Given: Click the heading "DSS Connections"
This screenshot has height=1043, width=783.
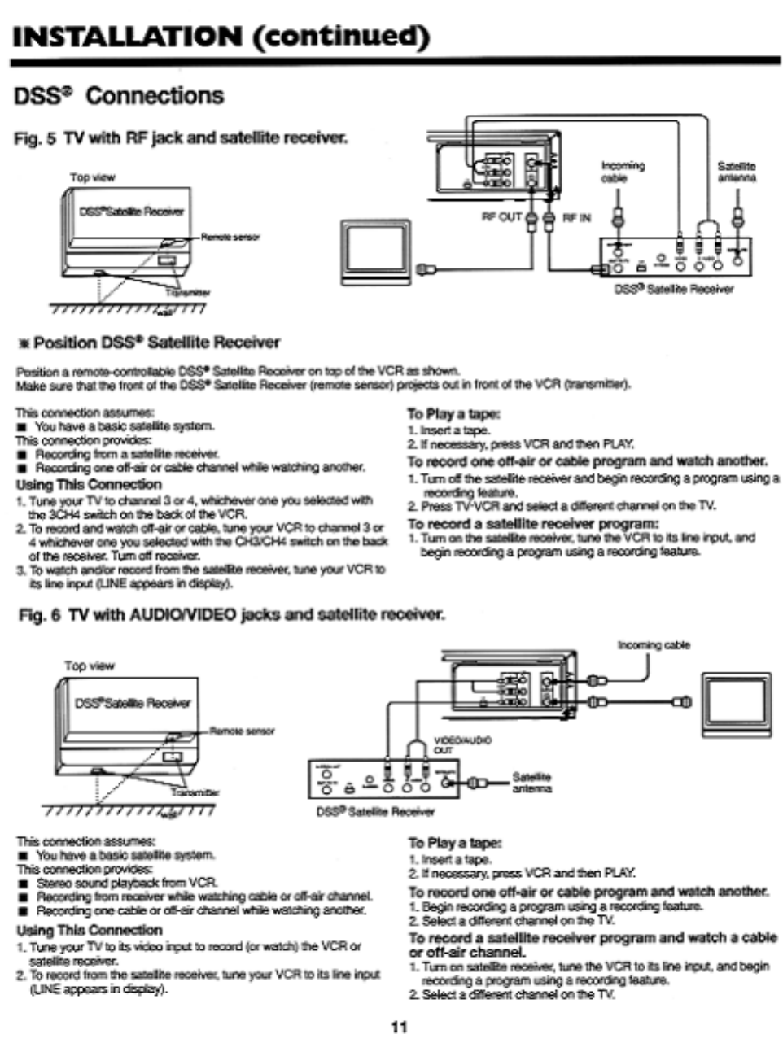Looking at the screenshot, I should (119, 96).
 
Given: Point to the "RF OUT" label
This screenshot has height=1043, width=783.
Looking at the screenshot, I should (501, 217).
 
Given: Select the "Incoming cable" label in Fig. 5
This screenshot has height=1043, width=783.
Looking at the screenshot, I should (623, 172).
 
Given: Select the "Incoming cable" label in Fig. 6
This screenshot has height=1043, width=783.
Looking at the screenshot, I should (654, 645).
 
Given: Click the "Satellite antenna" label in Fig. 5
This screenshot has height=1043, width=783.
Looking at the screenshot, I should (736, 172).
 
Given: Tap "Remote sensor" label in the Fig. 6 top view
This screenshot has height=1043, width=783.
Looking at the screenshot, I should (243, 731).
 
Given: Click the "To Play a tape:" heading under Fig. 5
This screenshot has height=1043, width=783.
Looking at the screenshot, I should (453, 414).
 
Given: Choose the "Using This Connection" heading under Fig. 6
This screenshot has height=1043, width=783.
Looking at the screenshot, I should (90, 930).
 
